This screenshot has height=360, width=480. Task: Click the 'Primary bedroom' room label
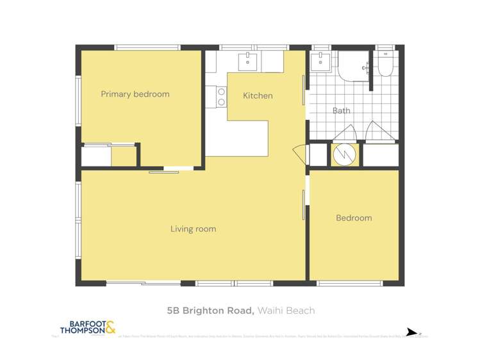[x=135, y=94]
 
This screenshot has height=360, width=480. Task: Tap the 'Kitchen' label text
[x=258, y=95]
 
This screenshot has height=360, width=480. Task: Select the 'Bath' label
[x=342, y=110]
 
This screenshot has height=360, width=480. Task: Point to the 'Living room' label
[x=193, y=229]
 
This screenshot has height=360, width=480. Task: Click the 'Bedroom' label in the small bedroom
[x=354, y=218]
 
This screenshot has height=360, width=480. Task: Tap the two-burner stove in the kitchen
[x=222, y=97]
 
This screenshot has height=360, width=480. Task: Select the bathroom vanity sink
[x=319, y=62]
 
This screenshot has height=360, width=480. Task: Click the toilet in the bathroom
[x=387, y=64]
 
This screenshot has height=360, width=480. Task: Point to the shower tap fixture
[x=365, y=67]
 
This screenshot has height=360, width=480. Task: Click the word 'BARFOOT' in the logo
[x=80, y=323]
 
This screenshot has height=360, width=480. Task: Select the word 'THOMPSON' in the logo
[x=80, y=331]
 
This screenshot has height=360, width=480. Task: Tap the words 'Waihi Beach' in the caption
[x=286, y=311]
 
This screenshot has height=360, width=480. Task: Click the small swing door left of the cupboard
[x=299, y=154]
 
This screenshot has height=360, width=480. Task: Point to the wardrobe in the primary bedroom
[x=109, y=156]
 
